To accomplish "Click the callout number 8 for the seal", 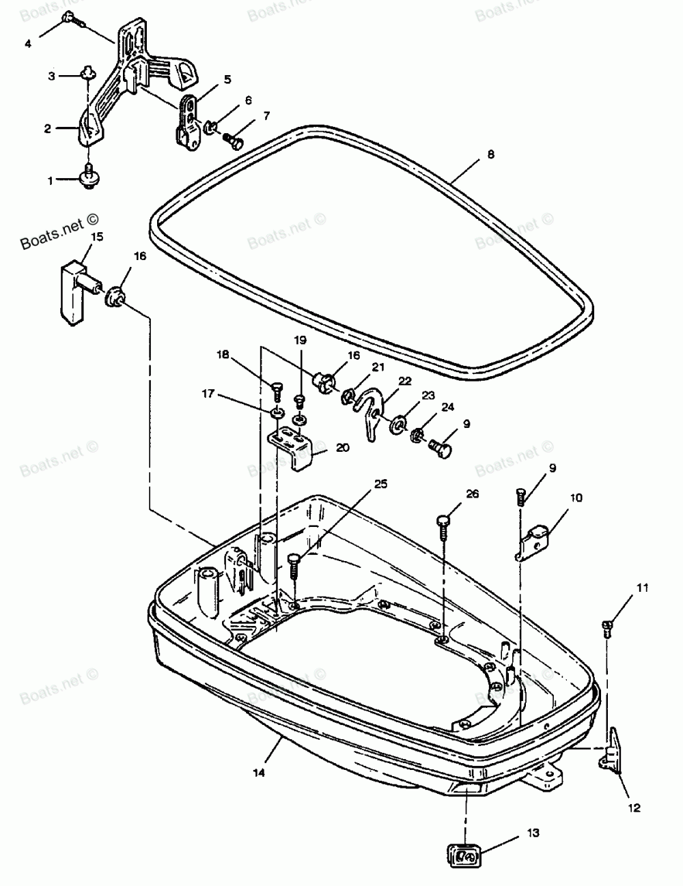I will click(x=490, y=155).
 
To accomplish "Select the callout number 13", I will click(x=533, y=833).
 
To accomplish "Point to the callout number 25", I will click(x=380, y=485).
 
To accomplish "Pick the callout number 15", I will click(x=97, y=237).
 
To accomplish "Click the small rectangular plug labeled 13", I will click(x=465, y=854).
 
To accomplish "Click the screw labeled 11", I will click(x=607, y=625).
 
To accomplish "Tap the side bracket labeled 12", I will click(x=612, y=749).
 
